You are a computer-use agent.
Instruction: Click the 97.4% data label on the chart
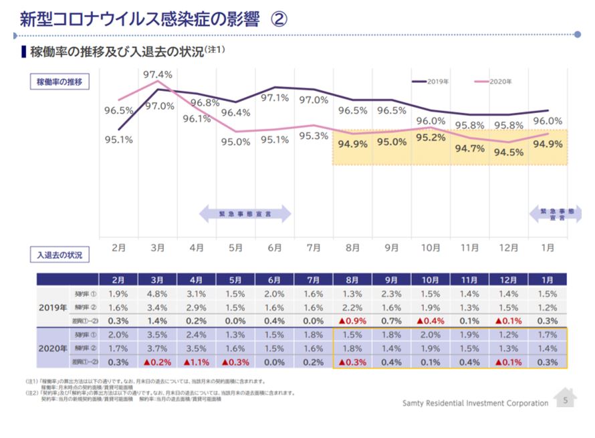158,74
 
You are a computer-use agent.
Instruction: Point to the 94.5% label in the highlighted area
509,152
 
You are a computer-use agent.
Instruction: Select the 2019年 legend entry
430,82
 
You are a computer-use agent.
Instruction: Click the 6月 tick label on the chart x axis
275,247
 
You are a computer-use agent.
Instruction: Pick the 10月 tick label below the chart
431,247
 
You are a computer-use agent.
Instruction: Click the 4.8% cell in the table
158,294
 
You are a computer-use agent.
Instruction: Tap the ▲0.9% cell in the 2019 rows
352,321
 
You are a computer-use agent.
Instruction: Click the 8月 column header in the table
352,280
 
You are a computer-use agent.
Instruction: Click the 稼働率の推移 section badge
59,82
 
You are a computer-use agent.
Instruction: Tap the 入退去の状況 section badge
59,256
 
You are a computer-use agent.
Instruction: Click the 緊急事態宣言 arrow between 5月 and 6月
245,214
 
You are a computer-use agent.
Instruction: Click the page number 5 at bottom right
566,401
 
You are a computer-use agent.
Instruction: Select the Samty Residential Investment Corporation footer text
475,403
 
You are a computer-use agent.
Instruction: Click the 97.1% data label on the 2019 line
274,98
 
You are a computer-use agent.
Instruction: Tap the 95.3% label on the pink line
314,136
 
